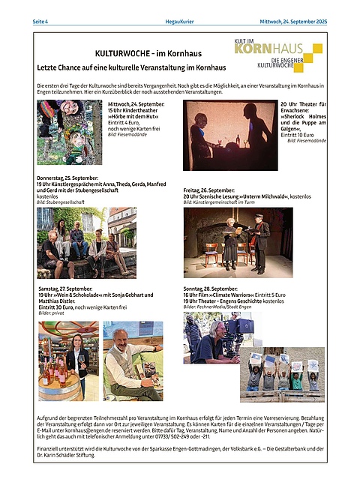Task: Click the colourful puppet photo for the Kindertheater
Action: point(69,132)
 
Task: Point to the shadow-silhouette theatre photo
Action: point(229,136)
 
